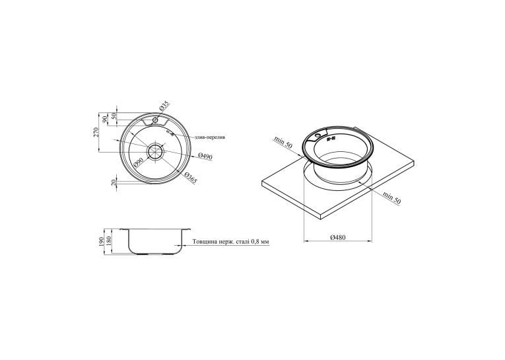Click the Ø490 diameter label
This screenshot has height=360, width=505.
pos(205,156)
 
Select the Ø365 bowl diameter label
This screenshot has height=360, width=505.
pos(190,177)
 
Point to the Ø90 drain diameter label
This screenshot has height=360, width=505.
pos(137,163)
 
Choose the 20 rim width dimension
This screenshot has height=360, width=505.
pos(113,183)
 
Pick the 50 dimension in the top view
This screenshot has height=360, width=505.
pos(113,116)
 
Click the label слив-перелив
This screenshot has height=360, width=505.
pos(210,137)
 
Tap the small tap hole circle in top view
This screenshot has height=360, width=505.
pos(155,120)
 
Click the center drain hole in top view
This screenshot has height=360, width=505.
pos(156,151)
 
